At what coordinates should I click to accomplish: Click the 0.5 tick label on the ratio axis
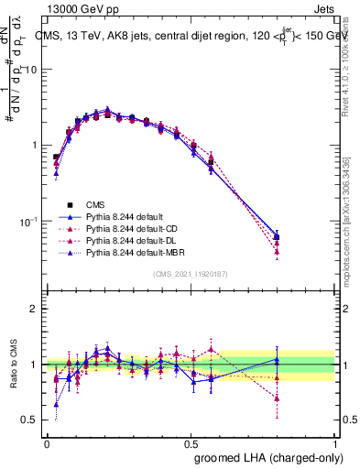click(x=32, y=420)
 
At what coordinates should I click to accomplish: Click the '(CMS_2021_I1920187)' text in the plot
click(x=191, y=275)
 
